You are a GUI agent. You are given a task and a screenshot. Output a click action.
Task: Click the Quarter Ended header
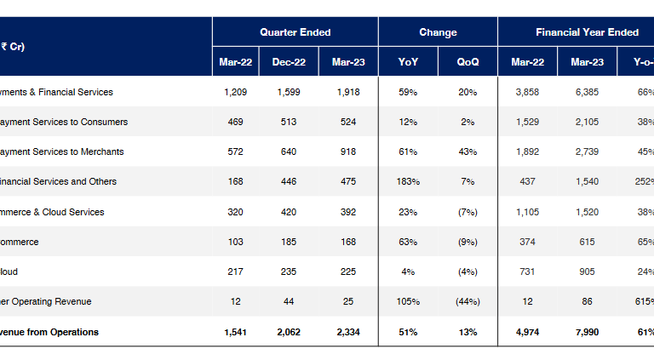click(295, 32)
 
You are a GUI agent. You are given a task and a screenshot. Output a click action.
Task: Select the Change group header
click(438, 32)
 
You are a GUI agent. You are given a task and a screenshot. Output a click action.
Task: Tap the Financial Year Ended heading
click(587, 32)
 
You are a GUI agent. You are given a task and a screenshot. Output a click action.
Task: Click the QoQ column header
click(468, 61)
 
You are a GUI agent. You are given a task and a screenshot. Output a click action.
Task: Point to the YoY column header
click(408, 61)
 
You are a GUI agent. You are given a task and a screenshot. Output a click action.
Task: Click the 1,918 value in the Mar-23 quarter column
click(348, 92)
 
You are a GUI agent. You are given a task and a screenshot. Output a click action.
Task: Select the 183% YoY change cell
click(408, 181)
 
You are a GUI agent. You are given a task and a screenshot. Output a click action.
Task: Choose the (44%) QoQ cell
click(468, 301)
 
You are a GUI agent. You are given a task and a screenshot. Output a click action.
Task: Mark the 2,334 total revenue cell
click(348, 332)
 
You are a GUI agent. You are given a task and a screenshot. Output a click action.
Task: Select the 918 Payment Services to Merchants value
click(348, 151)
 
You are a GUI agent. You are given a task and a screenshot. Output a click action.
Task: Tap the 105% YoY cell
click(408, 301)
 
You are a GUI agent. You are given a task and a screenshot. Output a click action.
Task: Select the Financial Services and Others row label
click(59, 181)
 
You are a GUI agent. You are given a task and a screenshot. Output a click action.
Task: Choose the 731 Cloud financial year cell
click(527, 271)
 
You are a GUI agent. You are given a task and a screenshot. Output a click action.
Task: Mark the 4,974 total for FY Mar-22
click(527, 332)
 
